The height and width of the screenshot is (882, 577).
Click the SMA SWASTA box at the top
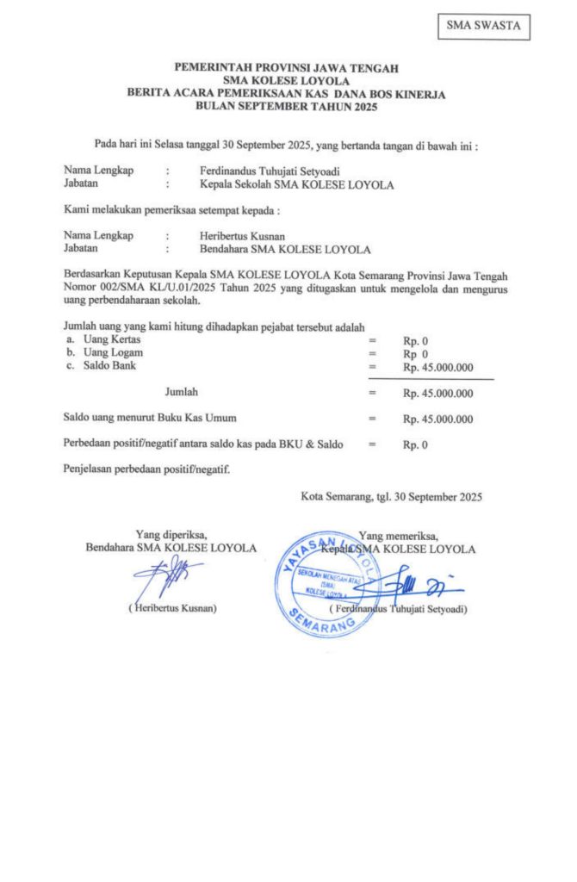[x=482, y=26]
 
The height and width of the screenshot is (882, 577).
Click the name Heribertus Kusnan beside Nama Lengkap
[x=242, y=235]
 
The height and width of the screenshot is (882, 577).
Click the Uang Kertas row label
[x=109, y=340]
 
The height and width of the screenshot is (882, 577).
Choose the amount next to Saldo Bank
[x=438, y=367]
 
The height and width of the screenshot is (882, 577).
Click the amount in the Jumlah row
[x=438, y=394]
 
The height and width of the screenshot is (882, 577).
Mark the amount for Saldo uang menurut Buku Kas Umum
[x=438, y=419]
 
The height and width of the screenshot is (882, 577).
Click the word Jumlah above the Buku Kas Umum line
[x=181, y=392]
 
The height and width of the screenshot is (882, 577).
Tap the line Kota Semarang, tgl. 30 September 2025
[x=391, y=497]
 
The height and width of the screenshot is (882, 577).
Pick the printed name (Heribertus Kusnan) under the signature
[x=172, y=608]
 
